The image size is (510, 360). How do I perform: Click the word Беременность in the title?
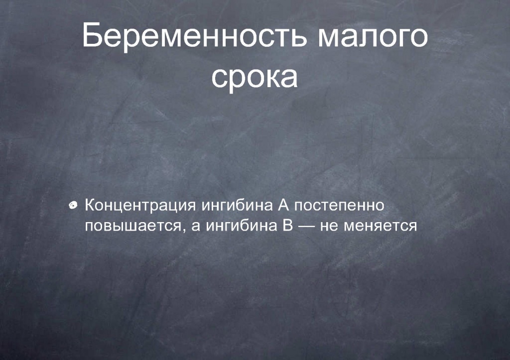tap(194, 36)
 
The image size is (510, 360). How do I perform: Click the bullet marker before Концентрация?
tap(74, 205)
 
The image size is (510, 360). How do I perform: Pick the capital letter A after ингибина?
tap(283, 205)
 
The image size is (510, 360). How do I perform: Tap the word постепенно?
tap(339, 206)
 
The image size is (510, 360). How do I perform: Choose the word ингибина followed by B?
tap(241, 226)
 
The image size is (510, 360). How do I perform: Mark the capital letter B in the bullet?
tap(287, 225)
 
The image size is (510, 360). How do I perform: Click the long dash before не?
tap(306, 226)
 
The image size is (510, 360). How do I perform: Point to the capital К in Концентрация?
tap(90, 205)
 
